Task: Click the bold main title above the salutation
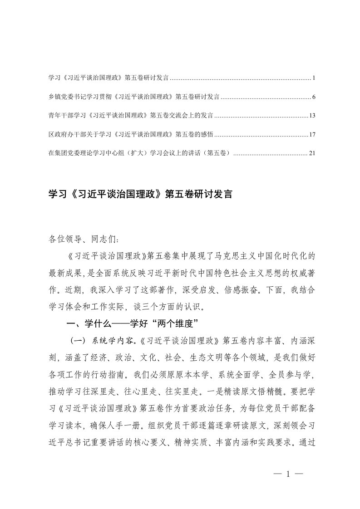[x=140, y=195]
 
